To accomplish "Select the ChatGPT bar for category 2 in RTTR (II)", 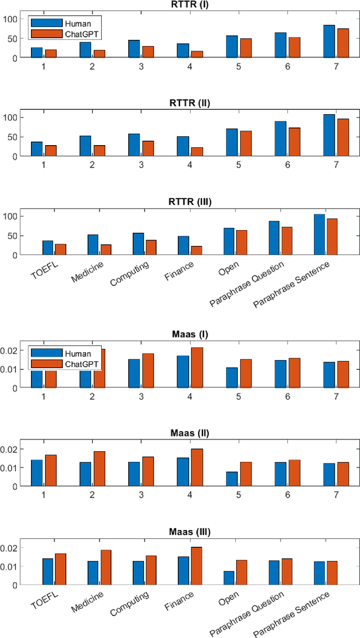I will (x=99, y=151).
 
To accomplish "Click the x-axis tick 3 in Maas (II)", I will (x=141, y=493).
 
